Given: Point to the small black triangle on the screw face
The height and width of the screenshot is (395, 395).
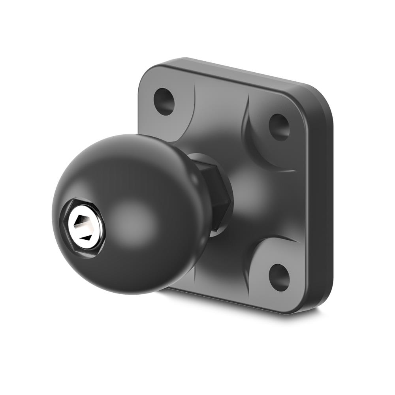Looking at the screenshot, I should click(x=85, y=238).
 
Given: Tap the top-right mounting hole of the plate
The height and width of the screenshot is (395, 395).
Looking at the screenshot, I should click(x=279, y=127).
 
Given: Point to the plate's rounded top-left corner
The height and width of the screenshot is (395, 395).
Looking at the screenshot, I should click(x=148, y=73).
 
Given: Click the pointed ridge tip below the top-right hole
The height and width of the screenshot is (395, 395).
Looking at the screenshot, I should click(x=294, y=171).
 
